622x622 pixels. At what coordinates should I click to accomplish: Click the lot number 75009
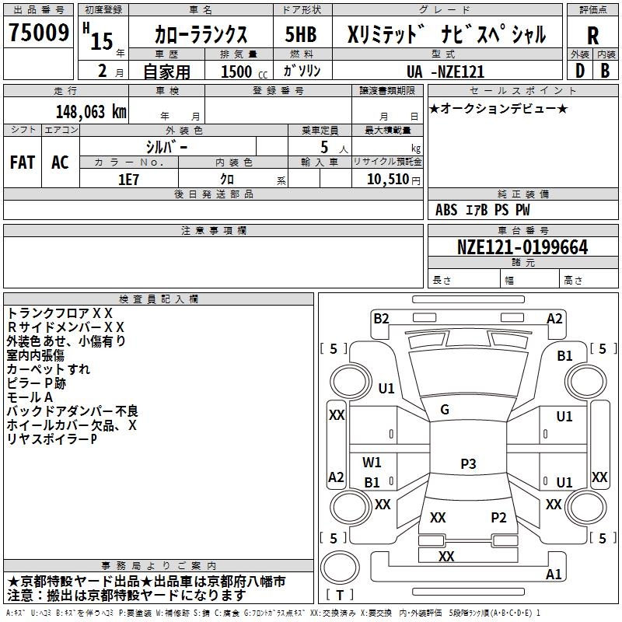pyautogui.click(x=37, y=33)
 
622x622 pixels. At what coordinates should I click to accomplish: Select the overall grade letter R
pyautogui.click(x=593, y=36)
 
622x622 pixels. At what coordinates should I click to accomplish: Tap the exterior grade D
pyautogui.click(x=579, y=70)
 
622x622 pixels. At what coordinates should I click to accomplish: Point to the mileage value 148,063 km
pyautogui.click(x=91, y=112)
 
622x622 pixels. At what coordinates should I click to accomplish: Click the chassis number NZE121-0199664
pyautogui.click(x=522, y=247)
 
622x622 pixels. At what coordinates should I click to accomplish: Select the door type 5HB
pyautogui.click(x=301, y=35)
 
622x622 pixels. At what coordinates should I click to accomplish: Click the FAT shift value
pyautogui.click(x=23, y=162)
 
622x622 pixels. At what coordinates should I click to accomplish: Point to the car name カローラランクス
pyautogui.click(x=201, y=35)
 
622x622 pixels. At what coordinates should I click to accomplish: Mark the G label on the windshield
pyautogui.click(x=445, y=410)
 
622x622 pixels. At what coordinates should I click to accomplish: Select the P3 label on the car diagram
pyautogui.click(x=468, y=464)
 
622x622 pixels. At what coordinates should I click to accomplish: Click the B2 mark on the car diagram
pyautogui.click(x=381, y=318)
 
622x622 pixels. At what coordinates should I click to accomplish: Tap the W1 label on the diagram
pyautogui.click(x=372, y=463)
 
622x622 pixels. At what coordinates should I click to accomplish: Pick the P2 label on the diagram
pyautogui.click(x=498, y=517)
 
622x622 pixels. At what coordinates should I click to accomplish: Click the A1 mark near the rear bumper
pyautogui.click(x=554, y=575)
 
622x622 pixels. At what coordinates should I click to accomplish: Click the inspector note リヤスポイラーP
pyautogui.click(x=51, y=439)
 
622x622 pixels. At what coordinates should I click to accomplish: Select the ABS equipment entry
pyautogui.click(x=446, y=210)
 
